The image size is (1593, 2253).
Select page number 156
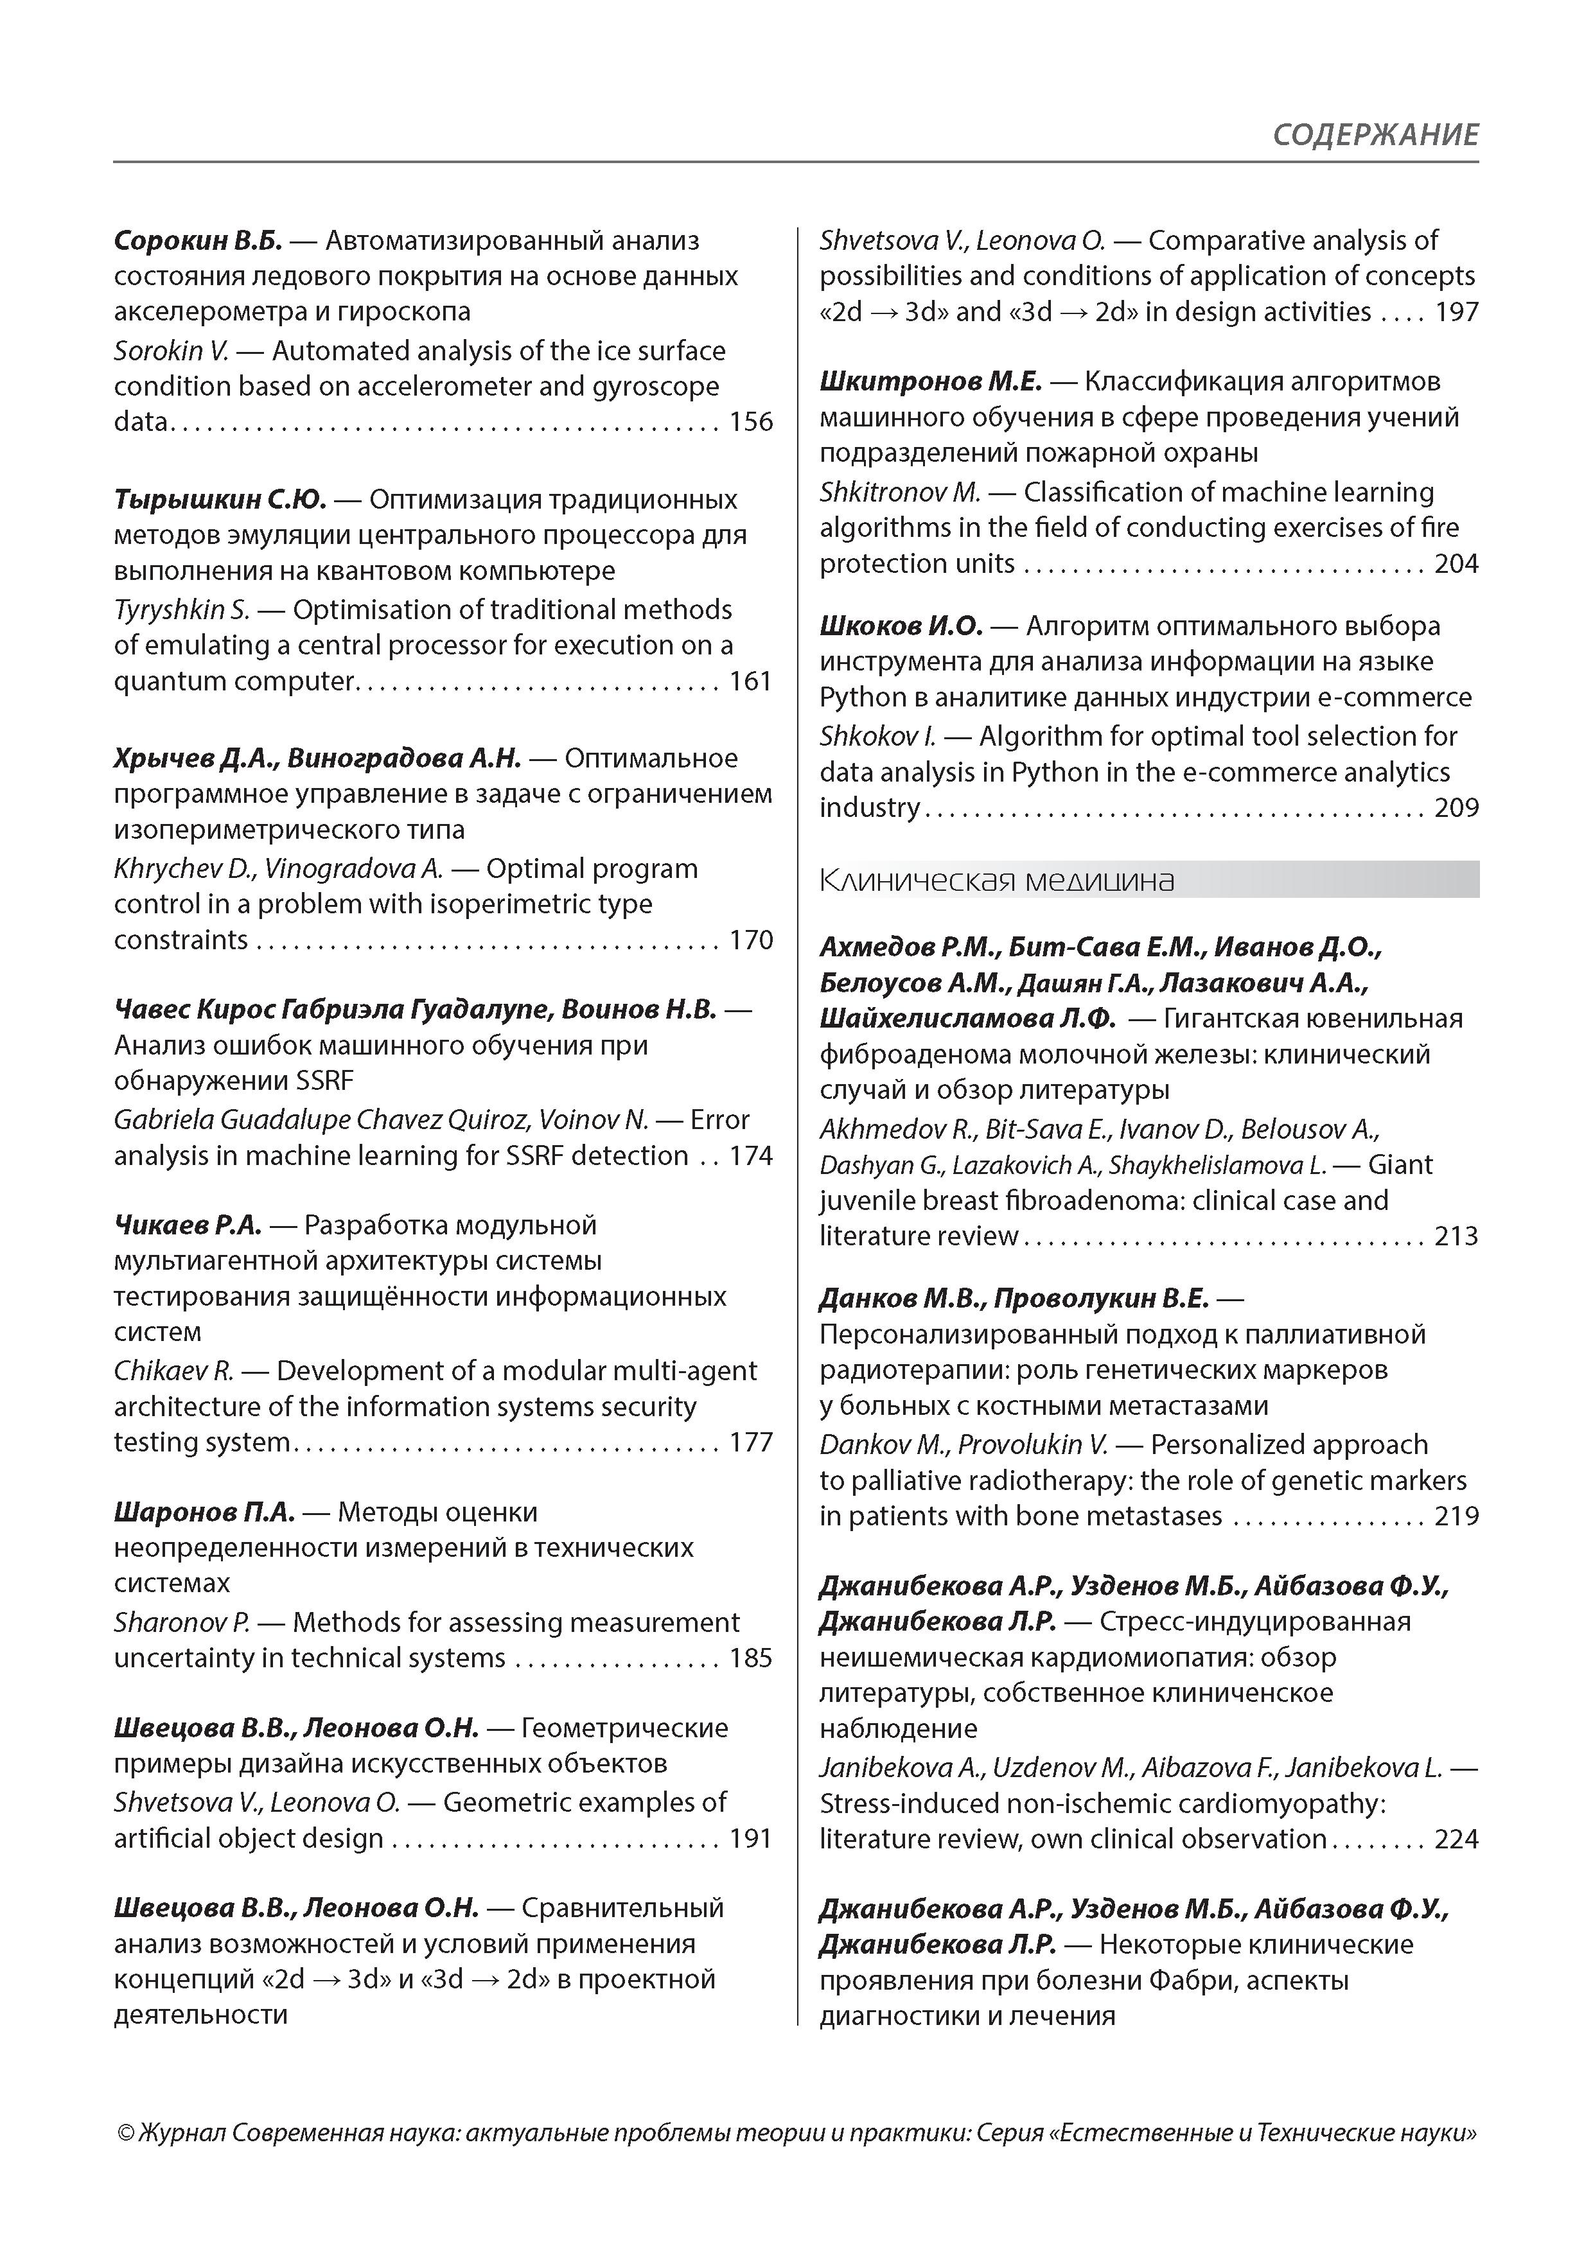tap(751, 422)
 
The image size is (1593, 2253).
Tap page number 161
tap(751, 681)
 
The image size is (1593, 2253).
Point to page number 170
tap(751, 940)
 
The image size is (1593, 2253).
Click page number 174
tap(751, 1156)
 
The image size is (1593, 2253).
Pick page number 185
tap(751, 1658)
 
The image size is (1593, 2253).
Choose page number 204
tap(1457, 563)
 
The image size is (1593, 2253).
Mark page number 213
tap(1457, 1236)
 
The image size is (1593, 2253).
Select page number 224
tap(1457, 1839)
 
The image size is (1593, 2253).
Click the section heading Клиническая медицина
tap(996, 881)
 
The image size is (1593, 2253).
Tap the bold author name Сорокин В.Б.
tap(197, 240)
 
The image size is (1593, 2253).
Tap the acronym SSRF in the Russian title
tap(324, 1082)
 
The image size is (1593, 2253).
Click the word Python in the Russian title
tap(863, 697)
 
